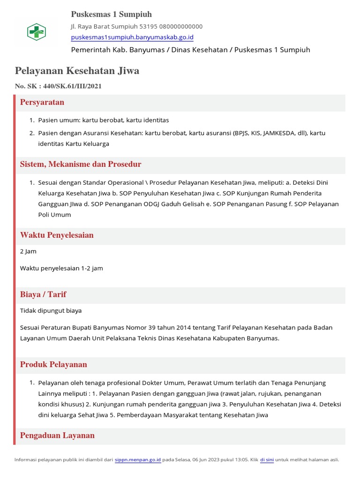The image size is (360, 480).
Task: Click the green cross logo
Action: (x=36, y=32)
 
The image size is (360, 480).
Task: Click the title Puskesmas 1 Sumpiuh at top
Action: (x=111, y=14)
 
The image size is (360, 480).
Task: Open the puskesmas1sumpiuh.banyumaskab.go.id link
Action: (x=132, y=37)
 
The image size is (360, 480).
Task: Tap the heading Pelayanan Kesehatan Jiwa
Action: (x=77, y=71)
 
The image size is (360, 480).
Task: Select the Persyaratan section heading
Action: (x=42, y=102)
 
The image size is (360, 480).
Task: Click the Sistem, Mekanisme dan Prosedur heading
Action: (x=81, y=164)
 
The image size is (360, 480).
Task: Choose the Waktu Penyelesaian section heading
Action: (x=57, y=235)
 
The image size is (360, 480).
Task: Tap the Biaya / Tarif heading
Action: (x=43, y=294)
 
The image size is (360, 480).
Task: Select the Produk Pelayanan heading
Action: (x=53, y=364)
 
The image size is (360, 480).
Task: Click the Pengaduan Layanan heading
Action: (x=57, y=435)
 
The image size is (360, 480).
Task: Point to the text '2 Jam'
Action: (x=28, y=251)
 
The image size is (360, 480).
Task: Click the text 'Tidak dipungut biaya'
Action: (x=51, y=310)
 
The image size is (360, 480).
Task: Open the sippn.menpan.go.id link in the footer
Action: (x=138, y=460)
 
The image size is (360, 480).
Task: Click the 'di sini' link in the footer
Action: (x=267, y=460)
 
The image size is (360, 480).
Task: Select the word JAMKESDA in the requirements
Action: (x=278, y=133)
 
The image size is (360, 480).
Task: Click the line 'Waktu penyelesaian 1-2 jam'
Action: (x=61, y=268)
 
